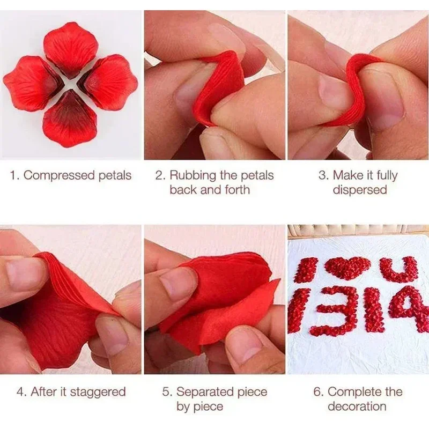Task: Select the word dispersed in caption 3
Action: (359, 190)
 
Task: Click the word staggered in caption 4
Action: (100, 391)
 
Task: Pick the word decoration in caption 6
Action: (357, 406)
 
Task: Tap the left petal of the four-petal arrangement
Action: (31, 83)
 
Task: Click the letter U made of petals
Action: (398, 270)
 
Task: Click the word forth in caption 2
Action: (236, 190)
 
